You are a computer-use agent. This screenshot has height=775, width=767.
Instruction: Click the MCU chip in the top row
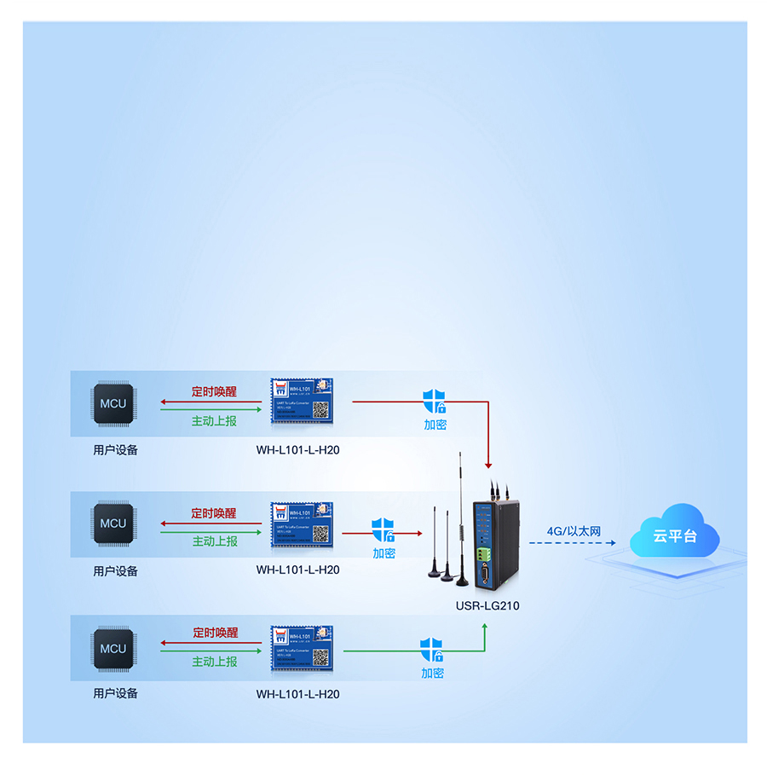tap(112, 403)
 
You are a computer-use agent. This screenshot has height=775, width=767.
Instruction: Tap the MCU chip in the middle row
tap(112, 523)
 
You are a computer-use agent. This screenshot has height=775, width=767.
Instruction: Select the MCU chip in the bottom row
tap(112, 648)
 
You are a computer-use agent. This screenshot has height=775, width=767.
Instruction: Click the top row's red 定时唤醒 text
tap(214, 392)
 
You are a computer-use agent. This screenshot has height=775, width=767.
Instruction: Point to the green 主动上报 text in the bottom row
tap(214, 662)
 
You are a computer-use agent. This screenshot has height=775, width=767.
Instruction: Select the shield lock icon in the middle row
tap(383, 529)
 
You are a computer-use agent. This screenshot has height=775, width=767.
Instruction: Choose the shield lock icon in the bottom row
tap(432, 649)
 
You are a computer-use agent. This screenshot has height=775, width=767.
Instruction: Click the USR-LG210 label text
tap(487, 606)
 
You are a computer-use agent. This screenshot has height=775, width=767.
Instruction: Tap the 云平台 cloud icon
tap(675, 535)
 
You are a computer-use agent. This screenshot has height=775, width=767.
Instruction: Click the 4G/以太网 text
tap(574, 531)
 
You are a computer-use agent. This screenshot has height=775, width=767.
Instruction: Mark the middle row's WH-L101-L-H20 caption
tap(297, 570)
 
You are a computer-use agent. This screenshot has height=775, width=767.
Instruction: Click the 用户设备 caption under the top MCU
tap(115, 449)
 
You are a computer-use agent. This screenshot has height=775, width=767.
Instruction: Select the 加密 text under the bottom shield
tap(432, 673)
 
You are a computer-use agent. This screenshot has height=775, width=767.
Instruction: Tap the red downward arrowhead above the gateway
tap(488, 464)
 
